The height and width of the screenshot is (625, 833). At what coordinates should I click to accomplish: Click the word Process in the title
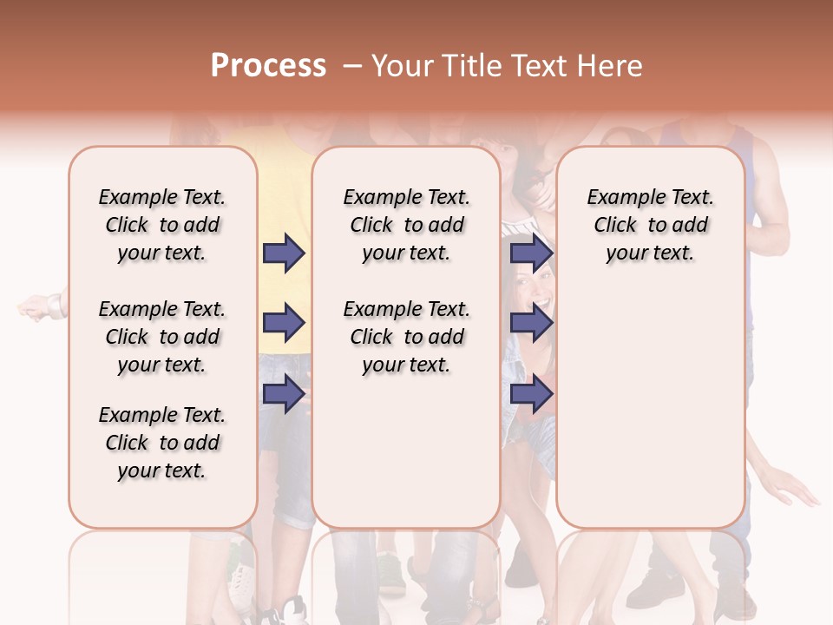(268, 65)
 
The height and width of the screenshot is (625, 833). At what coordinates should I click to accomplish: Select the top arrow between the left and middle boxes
(284, 253)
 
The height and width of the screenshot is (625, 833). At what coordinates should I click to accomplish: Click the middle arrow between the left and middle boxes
(284, 324)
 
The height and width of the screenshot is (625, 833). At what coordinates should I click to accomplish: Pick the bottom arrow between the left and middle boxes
(284, 394)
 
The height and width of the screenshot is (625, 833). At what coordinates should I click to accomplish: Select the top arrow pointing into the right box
(531, 253)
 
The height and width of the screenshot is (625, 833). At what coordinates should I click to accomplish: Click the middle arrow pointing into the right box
(531, 324)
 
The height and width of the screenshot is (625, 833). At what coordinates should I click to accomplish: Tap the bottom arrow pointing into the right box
(531, 394)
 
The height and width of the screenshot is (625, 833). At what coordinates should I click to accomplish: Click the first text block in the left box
(162, 225)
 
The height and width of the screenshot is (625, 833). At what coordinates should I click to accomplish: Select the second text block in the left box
(162, 337)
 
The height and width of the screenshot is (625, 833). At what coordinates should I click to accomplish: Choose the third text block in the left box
(162, 443)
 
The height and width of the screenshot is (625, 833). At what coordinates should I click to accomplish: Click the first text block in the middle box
(406, 225)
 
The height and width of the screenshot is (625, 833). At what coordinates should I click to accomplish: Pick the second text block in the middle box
(406, 337)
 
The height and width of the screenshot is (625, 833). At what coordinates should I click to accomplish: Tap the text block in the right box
(650, 225)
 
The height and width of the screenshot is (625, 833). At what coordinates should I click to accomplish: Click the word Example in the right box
(619, 197)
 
